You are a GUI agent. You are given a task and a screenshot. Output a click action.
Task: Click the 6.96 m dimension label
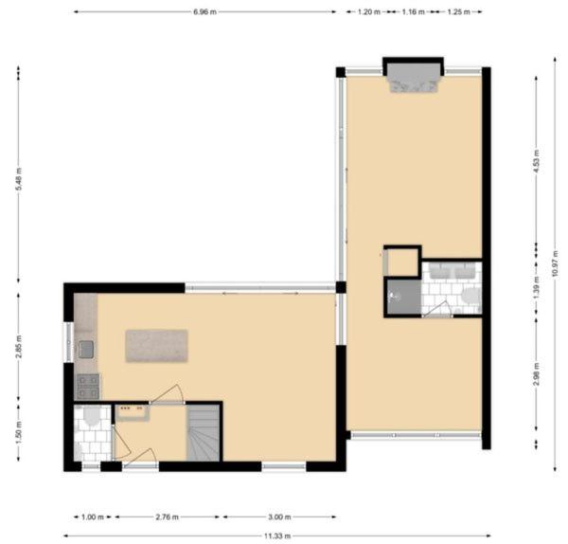click(204, 12)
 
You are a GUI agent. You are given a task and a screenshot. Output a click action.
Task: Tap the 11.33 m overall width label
click(277, 535)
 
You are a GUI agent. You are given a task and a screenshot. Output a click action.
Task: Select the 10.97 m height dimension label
click(555, 263)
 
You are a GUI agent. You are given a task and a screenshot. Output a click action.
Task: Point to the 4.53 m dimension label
click(537, 161)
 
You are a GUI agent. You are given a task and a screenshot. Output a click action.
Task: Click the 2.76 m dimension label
click(167, 517)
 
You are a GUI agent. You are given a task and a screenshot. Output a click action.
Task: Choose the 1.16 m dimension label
click(413, 12)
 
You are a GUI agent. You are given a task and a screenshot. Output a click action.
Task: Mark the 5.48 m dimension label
click(19, 179)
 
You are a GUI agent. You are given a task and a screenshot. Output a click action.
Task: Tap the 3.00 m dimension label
click(279, 517)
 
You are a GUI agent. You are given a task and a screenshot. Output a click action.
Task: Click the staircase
click(204, 433)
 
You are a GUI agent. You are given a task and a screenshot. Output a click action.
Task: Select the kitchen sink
click(86, 350)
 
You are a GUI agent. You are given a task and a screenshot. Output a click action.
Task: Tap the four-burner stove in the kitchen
click(88, 387)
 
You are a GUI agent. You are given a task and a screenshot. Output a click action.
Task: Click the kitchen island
click(156, 346)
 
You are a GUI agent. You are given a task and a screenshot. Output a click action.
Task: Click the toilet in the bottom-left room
click(91, 416)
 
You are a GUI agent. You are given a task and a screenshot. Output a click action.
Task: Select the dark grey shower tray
click(404, 297)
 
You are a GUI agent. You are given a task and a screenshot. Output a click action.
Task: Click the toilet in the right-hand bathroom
click(472, 296)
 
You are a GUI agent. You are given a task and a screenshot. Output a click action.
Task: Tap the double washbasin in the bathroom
click(453, 271)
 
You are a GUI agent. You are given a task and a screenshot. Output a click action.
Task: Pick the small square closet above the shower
click(402, 262)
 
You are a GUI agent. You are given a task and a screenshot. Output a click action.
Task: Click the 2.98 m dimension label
click(537, 374)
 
